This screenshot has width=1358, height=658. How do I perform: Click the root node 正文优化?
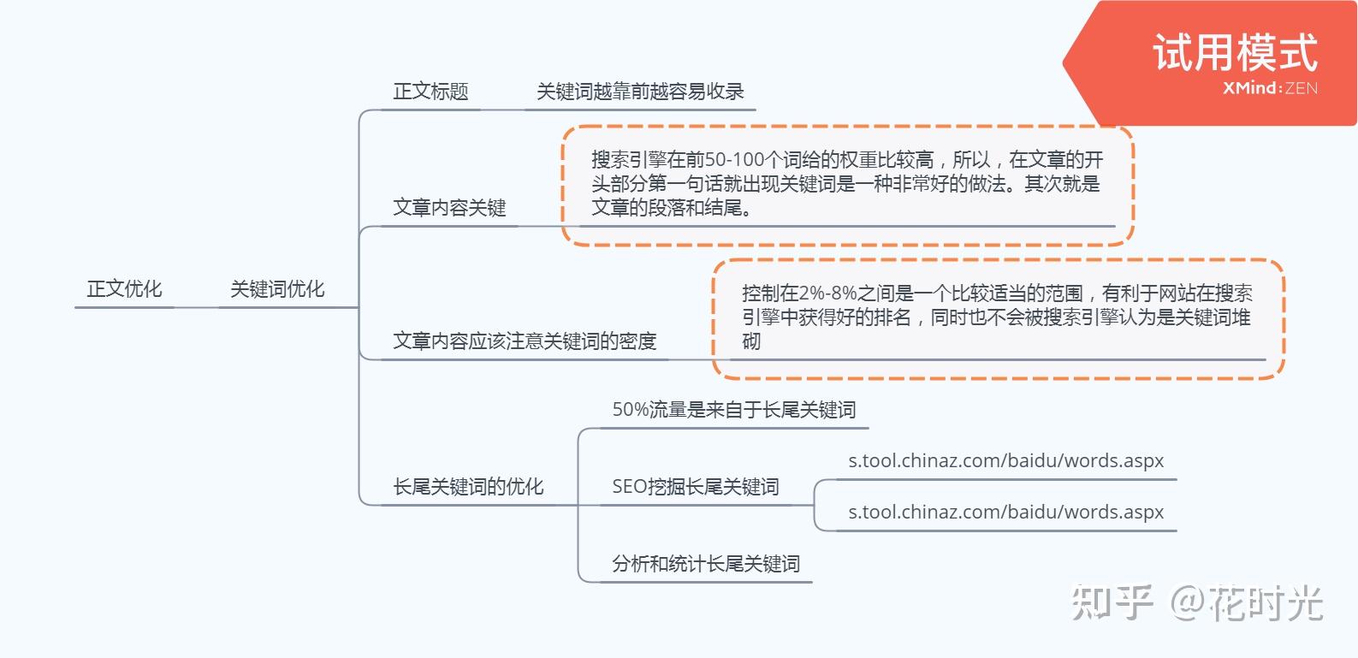[x=124, y=289]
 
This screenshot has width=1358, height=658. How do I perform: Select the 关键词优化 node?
[x=277, y=289]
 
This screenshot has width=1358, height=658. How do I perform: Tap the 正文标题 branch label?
[x=430, y=92]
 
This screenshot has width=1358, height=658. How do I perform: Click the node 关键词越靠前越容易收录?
[x=640, y=92]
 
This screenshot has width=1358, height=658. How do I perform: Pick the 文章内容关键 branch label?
[x=449, y=208]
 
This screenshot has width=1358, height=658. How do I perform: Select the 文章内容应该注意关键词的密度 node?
[x=525, y=341]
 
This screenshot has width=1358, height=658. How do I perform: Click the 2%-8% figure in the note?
[x=827, y=293]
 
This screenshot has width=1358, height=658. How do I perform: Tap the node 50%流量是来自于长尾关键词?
[x=733, y=410]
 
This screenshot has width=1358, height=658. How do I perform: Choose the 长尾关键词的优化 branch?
[x=468, y=487]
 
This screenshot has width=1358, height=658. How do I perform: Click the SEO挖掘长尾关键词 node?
[x=695, y=487]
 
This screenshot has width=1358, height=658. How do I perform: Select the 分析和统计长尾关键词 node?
[x=706, y=564]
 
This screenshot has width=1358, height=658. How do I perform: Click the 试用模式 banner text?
[x=1235, y=53]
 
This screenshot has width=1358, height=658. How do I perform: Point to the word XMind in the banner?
[x=1250, y=88]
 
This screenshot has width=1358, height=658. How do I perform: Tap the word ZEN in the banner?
[x=1301, y=88]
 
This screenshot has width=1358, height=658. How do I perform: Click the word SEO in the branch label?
[x=630, y=487]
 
